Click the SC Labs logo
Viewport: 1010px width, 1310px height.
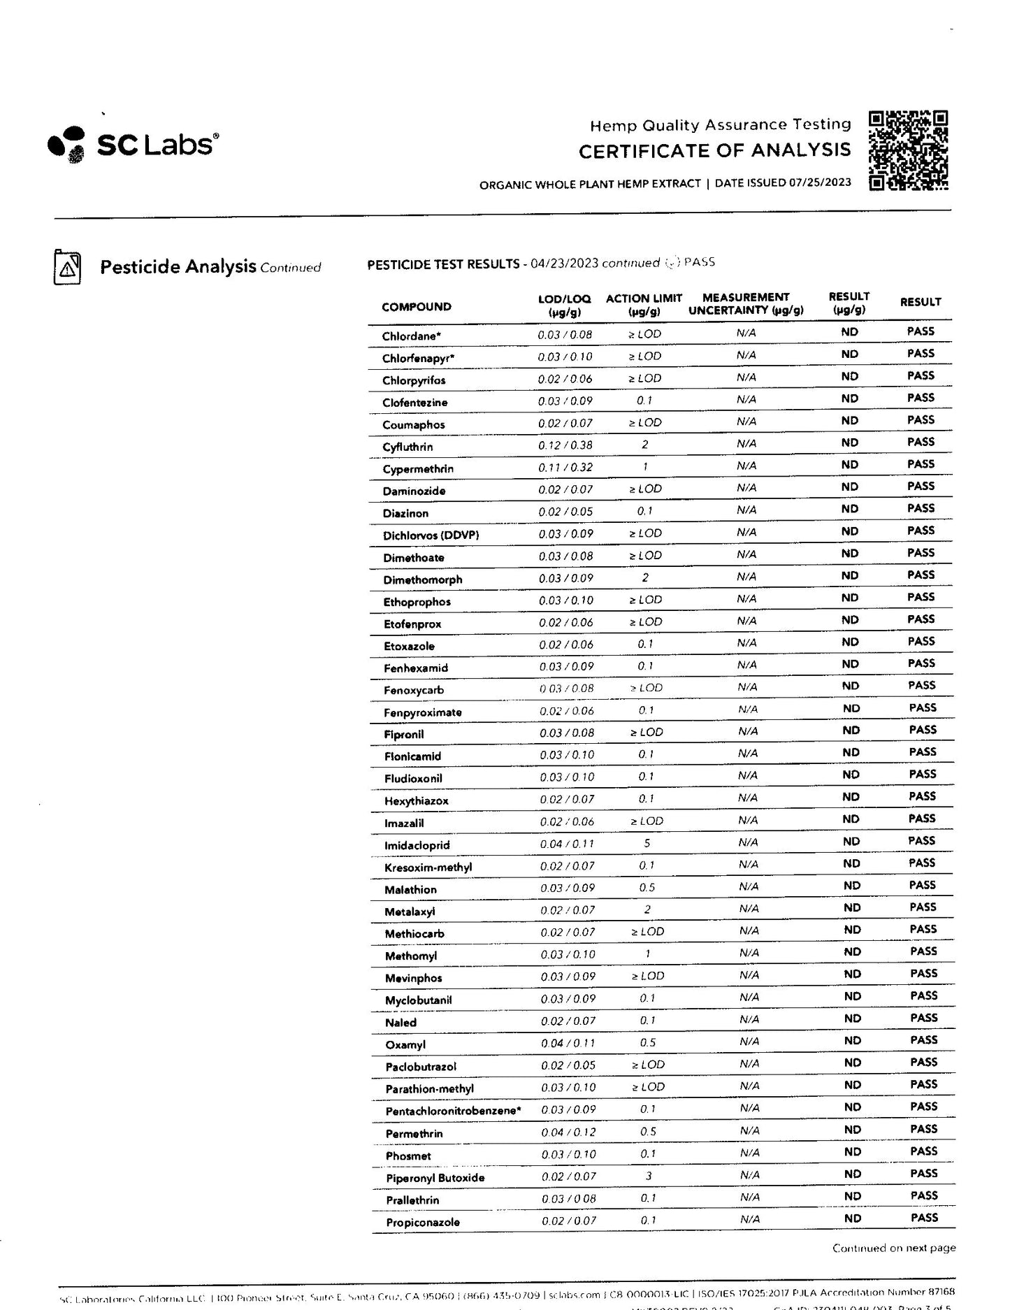(x=133, y=143)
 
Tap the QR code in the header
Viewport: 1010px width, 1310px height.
(x=908, y=150)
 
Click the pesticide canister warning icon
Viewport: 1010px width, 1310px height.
(x=67, y=267)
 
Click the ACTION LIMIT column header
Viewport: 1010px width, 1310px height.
(x=644, y=304)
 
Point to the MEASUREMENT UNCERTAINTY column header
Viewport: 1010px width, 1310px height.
(x=746, y=304)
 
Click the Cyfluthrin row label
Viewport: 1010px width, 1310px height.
(x=407, y=447)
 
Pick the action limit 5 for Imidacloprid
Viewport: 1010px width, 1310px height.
(x=647, y=843)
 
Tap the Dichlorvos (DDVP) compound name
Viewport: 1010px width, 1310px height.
(x=431, y=535)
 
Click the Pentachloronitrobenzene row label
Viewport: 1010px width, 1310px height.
(x=453, y=1111)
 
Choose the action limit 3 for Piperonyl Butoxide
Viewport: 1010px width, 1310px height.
(x=648, y=1176)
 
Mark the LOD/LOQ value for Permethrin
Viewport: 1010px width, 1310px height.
(x=568, y=1132)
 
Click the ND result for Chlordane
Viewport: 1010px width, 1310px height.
(x=849, y=332)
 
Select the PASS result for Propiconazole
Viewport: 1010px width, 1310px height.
(x=924, y=1218)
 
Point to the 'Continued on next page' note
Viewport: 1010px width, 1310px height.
(x=893, y=1248)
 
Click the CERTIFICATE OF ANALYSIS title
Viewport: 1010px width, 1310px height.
(x=714, y=151)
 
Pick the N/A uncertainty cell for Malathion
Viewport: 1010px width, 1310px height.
(x=748, y=886)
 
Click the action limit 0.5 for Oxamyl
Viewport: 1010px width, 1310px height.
(x=647, y=1042)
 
